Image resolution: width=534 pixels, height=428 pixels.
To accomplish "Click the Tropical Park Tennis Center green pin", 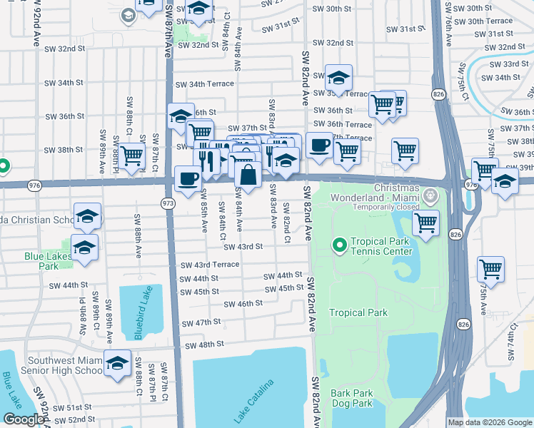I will [340, 246].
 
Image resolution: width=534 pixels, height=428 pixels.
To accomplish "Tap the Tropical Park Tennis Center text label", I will [381, 246].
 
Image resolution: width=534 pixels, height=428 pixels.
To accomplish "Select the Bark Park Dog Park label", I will [352, 398].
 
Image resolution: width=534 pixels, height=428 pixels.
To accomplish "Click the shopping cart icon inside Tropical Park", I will [426, 222].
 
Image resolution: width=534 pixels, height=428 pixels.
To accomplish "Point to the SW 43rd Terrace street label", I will [209, 265].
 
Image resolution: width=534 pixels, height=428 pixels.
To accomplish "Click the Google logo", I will [24, 419].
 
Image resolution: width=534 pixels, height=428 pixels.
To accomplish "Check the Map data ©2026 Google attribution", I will [489, 422].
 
